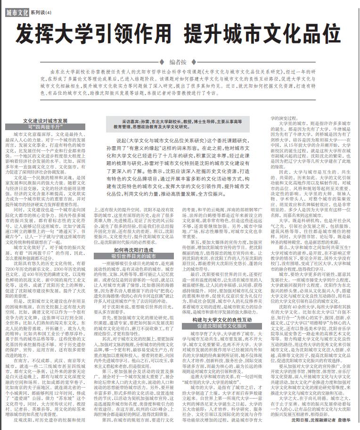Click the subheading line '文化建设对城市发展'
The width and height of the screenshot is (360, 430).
pos(46,121)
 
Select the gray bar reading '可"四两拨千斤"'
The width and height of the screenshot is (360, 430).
pos(46,127)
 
